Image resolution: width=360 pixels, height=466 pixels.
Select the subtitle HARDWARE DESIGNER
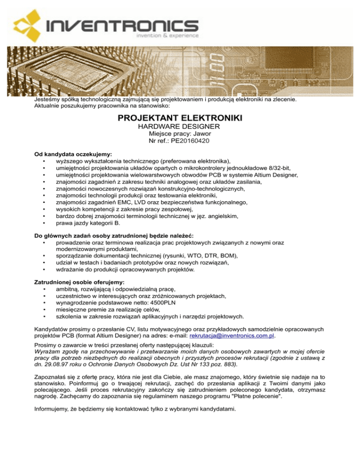click(180, 127)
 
